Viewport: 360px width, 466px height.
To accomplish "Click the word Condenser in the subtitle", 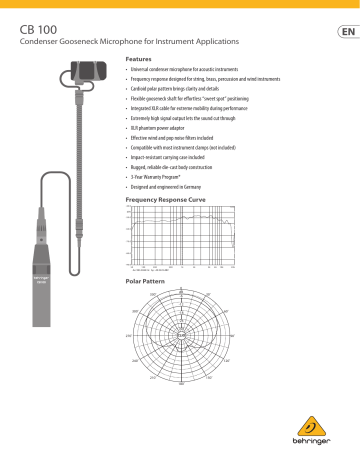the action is (x=45, y=44).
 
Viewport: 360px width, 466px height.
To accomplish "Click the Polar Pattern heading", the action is (x=145, y=282).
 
